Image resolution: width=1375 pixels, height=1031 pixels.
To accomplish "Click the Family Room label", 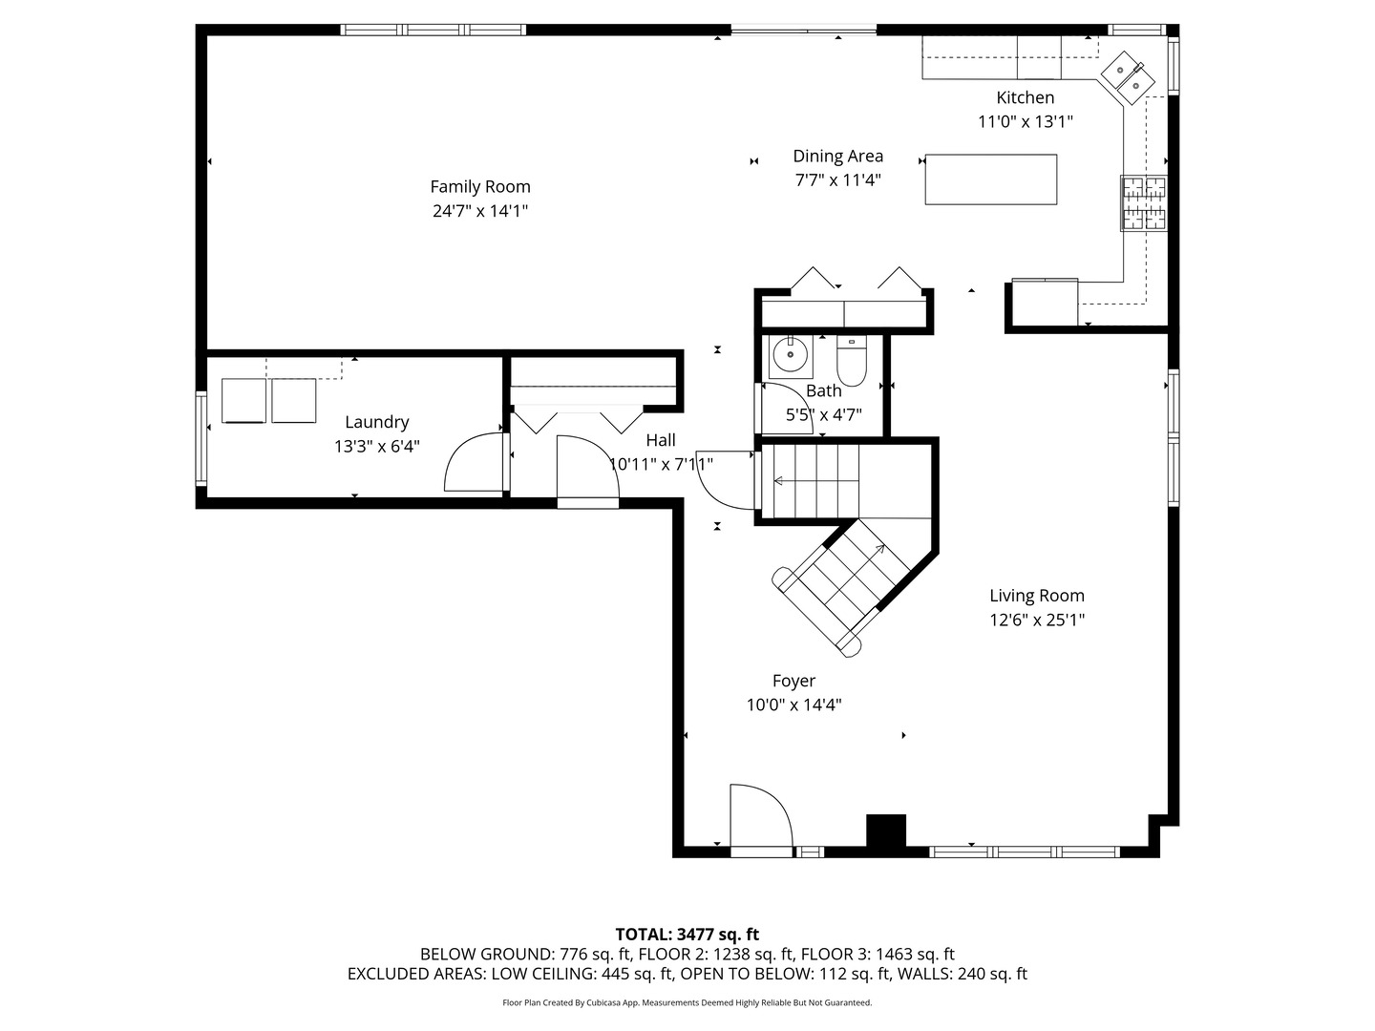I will tap(479, 187).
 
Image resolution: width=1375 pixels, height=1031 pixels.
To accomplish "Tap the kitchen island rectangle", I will tap(990, 179).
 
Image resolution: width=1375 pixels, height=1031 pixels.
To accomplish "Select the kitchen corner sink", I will tap(1128, 77).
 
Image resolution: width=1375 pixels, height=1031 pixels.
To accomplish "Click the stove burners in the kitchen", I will tap(1143, 202).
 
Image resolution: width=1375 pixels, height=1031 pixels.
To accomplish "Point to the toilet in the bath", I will tap(851, 360).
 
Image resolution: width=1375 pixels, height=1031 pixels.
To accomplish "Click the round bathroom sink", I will tap(790, 355).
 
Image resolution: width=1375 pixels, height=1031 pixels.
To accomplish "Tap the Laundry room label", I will tap(376, 422).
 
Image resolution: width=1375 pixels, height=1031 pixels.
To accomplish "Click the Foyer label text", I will tap(793, 681).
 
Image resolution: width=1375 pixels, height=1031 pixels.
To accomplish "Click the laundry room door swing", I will tap(475, 464).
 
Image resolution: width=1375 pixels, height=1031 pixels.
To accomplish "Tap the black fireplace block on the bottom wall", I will tap(885, 831).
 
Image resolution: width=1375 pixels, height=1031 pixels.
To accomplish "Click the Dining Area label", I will tap(837, 156).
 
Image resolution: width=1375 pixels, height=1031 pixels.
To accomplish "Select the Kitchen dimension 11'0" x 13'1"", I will tap(1025, 122).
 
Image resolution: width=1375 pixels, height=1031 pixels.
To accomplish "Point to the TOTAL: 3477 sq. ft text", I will tap(687, 935).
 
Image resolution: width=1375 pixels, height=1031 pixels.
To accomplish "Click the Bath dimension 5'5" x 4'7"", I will tap(823, 415).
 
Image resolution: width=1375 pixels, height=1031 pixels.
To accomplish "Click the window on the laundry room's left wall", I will tap(201, 438).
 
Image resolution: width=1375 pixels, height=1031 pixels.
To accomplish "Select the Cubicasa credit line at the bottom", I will tap(687, 1002).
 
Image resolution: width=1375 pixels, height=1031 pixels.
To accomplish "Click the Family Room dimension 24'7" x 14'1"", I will tap(479, 211).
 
